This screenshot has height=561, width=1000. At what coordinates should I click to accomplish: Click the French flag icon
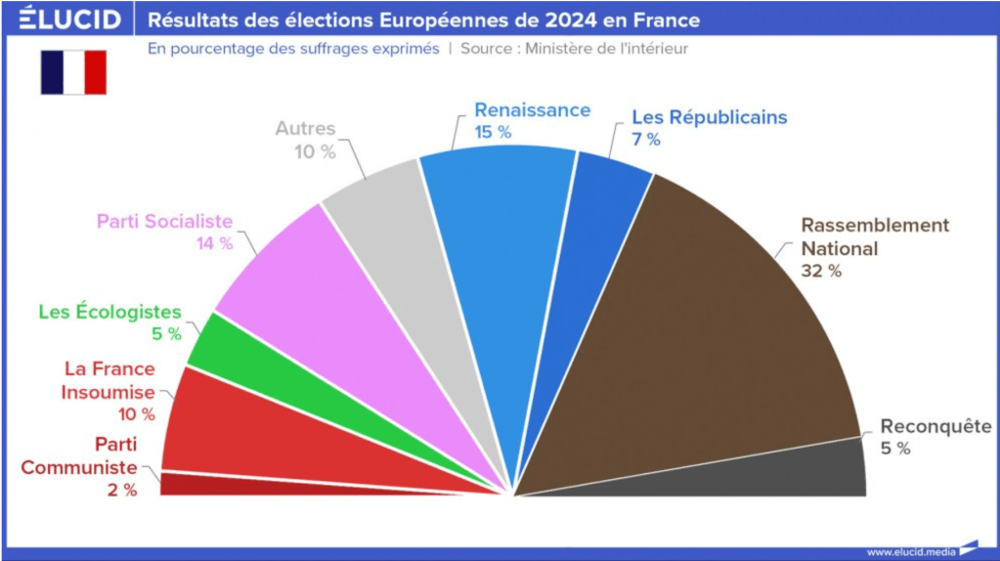(x=73, y=72)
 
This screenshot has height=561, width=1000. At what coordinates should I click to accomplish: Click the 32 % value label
(x=820, y=271)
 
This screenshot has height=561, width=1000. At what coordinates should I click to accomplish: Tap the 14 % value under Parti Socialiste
(x=215, y=243)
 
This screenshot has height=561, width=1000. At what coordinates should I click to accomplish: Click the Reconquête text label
(x=935, y=427)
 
